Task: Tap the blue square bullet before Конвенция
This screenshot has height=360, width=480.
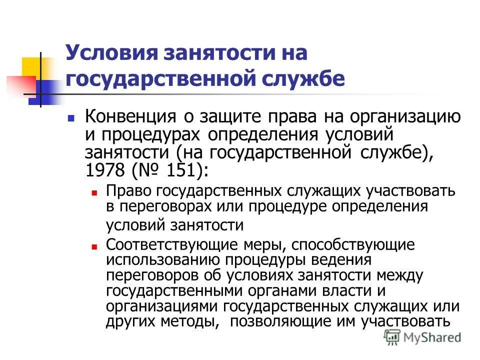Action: (x=71, y=119)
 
